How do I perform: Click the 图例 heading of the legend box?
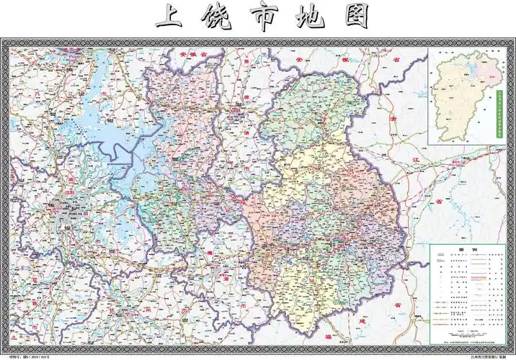[x=464, y=251]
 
